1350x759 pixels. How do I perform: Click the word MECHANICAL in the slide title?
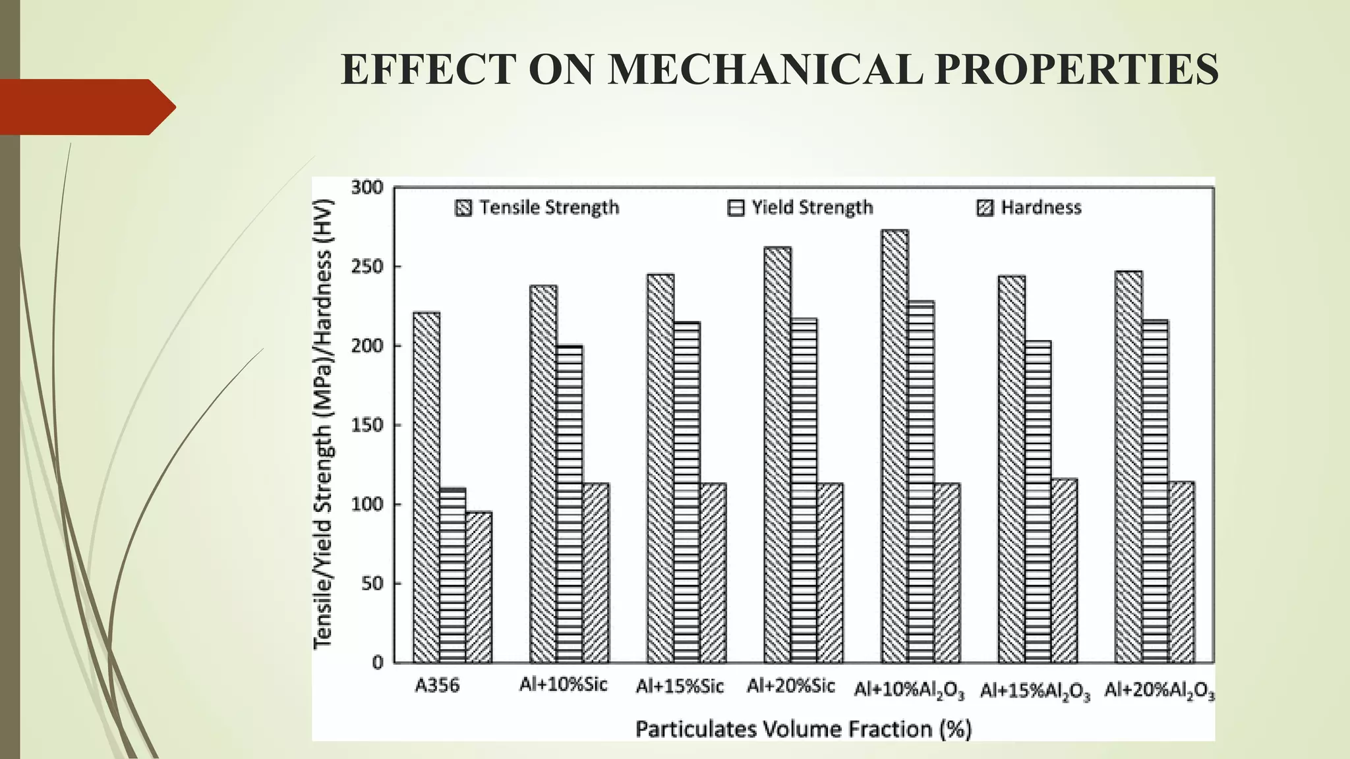click(765, 69)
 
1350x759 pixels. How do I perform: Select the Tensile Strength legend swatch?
click(463, 208)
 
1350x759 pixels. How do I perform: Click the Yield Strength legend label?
click(812, 208)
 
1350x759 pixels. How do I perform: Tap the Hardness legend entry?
click(1040, 208)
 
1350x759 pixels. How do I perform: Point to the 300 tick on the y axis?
click(367, 188)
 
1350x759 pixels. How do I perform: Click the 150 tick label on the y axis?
click(367, 425)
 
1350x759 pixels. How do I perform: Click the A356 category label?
click(436, 686)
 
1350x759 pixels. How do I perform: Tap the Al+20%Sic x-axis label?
click(790, 686)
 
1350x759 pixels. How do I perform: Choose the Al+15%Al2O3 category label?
click(1035, 690)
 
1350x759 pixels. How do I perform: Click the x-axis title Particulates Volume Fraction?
click(803, 729)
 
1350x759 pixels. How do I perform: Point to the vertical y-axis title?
click(323, 425)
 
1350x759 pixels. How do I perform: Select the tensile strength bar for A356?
click(426, 488)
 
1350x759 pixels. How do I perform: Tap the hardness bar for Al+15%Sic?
click(713, 573)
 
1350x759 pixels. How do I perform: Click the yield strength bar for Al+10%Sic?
click(569, 504)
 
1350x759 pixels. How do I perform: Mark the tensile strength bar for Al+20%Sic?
click(777, 455)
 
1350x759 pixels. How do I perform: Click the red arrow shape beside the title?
click(86, 107)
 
